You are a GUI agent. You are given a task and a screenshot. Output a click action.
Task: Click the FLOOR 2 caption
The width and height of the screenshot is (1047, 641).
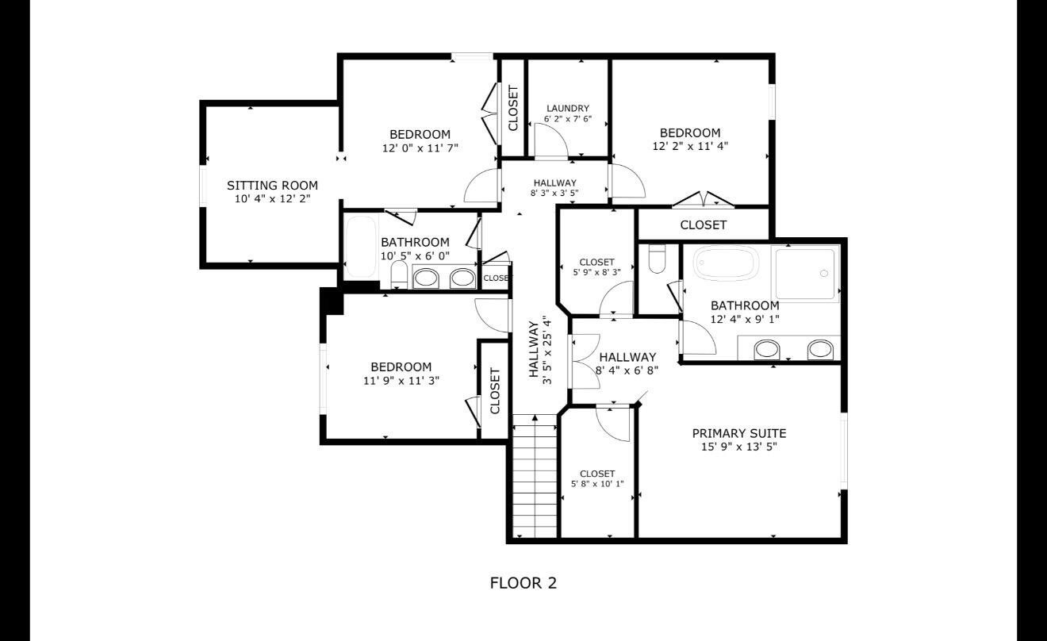point(523,583)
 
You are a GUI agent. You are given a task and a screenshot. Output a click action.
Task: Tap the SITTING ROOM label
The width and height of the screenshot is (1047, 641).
point(273,185)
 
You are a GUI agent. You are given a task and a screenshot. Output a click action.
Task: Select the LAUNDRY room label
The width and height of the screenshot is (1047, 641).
point(568,108)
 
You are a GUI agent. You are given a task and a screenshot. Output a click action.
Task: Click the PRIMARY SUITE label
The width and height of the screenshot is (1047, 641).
point(739,433)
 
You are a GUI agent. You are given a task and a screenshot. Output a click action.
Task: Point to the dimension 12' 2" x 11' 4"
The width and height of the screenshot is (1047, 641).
point(690,146)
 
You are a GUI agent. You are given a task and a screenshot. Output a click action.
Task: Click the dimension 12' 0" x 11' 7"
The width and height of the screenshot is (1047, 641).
point(420,148)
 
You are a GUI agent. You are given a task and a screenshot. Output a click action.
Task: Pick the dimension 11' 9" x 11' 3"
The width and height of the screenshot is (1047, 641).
point(401,381)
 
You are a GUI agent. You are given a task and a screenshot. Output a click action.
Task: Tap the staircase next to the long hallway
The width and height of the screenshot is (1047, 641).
point(535,476)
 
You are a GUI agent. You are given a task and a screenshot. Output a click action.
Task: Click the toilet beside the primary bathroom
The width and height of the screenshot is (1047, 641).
point(658,259)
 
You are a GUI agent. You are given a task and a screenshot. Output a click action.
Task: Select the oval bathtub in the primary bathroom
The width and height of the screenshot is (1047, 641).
point(726,263)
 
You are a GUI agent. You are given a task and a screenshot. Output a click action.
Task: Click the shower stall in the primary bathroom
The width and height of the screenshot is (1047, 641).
point(805,274)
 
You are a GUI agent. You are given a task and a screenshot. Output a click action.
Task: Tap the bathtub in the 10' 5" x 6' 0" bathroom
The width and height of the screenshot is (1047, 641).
point(361,247)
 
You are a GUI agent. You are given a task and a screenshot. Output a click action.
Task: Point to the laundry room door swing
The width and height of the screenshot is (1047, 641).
point(551,140)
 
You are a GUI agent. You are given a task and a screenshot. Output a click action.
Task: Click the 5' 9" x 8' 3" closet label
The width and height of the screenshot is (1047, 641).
point(597,267)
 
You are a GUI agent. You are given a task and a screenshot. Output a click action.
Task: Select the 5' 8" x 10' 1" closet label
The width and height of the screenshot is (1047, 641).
point(597,478)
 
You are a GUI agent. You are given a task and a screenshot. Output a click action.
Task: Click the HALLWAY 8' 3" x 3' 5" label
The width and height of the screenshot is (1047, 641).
point(554,187)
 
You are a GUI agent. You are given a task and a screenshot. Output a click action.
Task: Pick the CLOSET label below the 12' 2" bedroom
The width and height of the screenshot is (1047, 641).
point(703,225)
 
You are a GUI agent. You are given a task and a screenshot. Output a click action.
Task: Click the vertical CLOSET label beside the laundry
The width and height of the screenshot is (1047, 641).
point(513,108)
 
